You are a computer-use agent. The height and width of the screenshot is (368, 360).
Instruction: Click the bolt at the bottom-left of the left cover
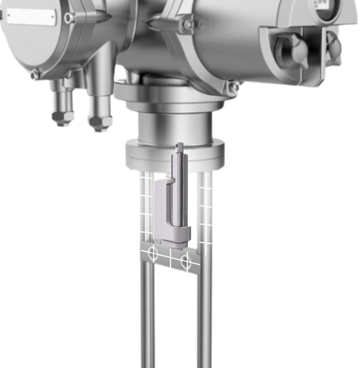pyautogui.click(x=35, y=75)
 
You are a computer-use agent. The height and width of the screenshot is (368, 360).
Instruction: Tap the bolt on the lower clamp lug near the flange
pyautogui.click(x=233, y=87)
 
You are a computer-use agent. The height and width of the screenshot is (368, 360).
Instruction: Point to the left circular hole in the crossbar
pyautogui.click(x=152, y=253)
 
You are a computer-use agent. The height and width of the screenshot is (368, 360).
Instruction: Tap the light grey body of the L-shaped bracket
pyautogui.click(x=160, y=211)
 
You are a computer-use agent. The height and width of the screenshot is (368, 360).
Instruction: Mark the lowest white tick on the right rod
pyautogui.click(x=205, y=242)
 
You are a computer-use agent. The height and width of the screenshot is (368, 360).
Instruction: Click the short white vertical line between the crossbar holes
pyautogui.click(x=171, y=259)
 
